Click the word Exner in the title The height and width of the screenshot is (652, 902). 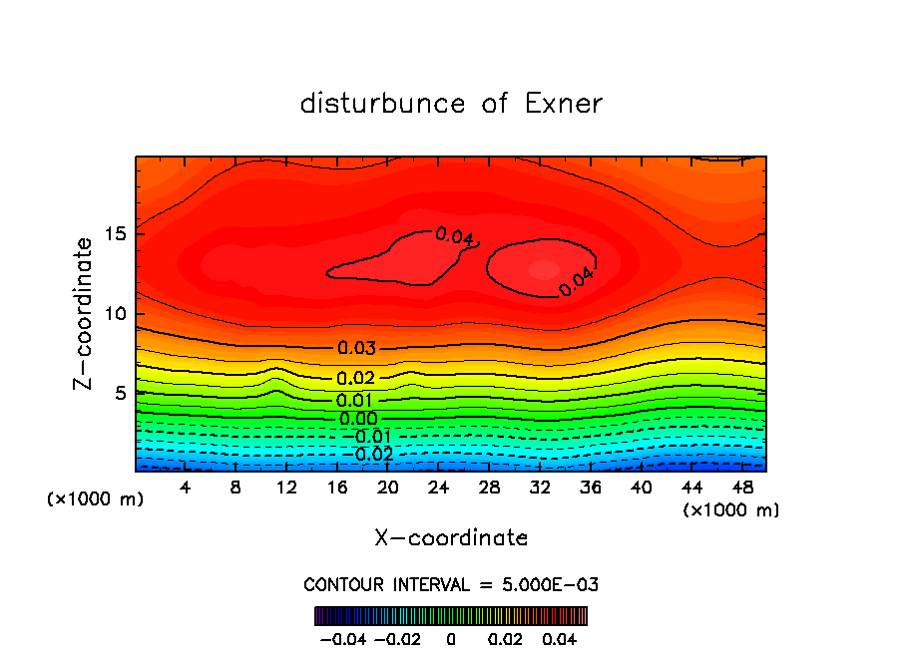(x=560, y=104)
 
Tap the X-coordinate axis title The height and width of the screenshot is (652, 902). (x=451, y=538)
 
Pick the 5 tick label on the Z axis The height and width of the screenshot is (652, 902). (x=118, y=393)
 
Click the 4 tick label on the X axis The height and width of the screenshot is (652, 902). (x=186, y=488)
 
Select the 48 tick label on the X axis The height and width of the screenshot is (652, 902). (x=742, y=488)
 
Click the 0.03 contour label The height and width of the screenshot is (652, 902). (x=356, y=348)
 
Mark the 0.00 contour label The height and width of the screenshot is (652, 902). (x=357, y=419)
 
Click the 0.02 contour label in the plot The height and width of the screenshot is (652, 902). (x=355, y=379)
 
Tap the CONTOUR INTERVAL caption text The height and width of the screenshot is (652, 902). (x=451, y=584)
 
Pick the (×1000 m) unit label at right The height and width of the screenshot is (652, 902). (x=731, y=510)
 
